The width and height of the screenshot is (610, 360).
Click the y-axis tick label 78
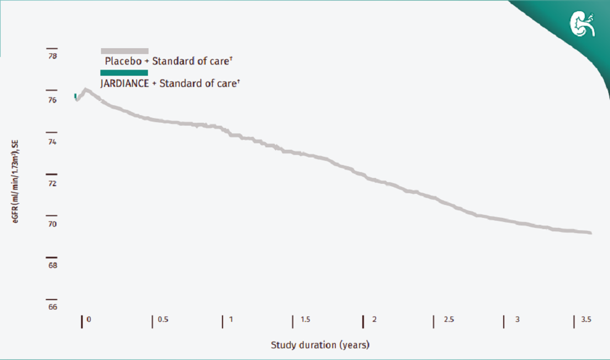(x=52, y=56)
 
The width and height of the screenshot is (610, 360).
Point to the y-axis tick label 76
(x=52, y=100)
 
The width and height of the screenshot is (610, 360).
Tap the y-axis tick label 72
(x=52, y=184)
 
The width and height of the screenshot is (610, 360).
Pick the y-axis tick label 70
(x=52, y=224)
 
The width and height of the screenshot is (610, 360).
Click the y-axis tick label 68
(x=52, y=265)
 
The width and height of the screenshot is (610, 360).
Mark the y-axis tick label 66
(x=52, y=307)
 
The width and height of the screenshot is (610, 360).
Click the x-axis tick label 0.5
(x=163, y=320)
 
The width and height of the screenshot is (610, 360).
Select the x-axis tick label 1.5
(x=305, y=320)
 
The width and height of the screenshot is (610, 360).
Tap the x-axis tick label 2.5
(x=449, y=320)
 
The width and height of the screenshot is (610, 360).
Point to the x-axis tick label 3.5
(x=586, y=320)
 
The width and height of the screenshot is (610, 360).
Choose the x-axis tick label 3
(x=517, y=320)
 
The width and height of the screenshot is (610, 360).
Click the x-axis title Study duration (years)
(x=320, y=344)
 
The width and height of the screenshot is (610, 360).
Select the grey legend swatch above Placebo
(x=124, y=51)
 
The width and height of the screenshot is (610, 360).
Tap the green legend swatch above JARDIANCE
(x=124, y=73)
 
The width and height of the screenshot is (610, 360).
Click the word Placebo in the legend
(x=122, y=60)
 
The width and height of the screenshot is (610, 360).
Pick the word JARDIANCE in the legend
(x=124, y=83)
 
